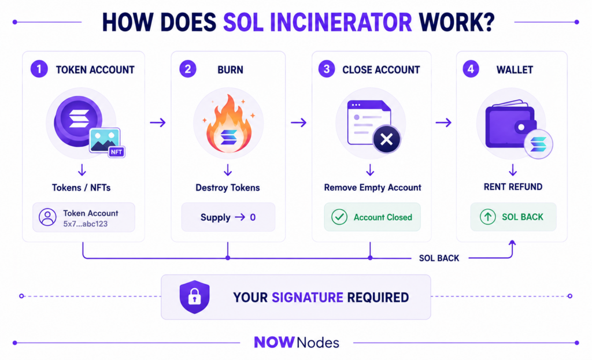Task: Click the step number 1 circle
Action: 39,69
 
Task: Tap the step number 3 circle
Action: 327,69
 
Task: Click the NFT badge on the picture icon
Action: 116,152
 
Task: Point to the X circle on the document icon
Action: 387,139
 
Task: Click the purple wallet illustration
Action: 510,125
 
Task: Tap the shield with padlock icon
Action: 194,297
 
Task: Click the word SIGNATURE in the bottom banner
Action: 308,298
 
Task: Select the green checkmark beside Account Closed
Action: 339,217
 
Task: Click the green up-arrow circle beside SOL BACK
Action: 488,217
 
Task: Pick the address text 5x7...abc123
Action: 86,224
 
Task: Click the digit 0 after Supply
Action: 253,217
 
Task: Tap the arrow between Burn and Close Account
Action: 299,123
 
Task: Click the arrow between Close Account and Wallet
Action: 443,123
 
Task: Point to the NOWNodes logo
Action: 297,342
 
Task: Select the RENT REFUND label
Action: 513,187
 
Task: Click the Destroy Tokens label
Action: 228,188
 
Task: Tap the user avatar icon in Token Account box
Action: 47,217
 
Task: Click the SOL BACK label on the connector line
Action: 439,258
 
